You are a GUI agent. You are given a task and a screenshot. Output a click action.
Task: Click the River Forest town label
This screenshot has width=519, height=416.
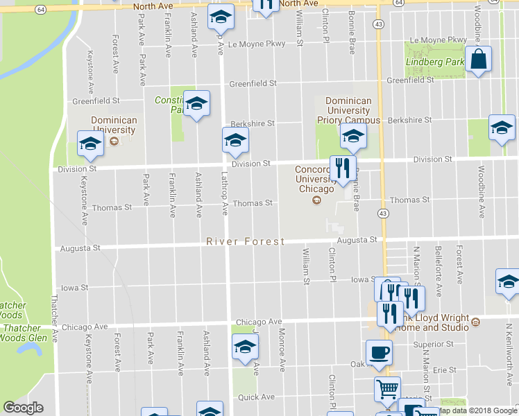[246, 241]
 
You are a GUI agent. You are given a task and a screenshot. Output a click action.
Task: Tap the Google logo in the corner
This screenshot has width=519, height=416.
[23, 408]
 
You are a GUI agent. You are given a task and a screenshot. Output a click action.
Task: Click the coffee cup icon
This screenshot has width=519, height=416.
[379, 352]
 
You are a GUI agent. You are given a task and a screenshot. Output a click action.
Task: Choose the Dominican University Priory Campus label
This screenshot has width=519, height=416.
[349, 110]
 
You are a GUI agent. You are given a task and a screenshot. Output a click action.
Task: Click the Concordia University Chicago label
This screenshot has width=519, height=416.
[315, 179]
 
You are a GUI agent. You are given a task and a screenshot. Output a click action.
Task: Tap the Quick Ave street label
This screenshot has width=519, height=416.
[257, 397]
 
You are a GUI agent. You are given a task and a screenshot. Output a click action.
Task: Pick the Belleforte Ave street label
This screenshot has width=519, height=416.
[439, 264]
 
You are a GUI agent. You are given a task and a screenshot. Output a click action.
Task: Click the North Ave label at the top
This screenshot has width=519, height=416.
[154, 6]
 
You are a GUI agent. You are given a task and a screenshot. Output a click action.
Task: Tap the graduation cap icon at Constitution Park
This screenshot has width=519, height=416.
[197, 104]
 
